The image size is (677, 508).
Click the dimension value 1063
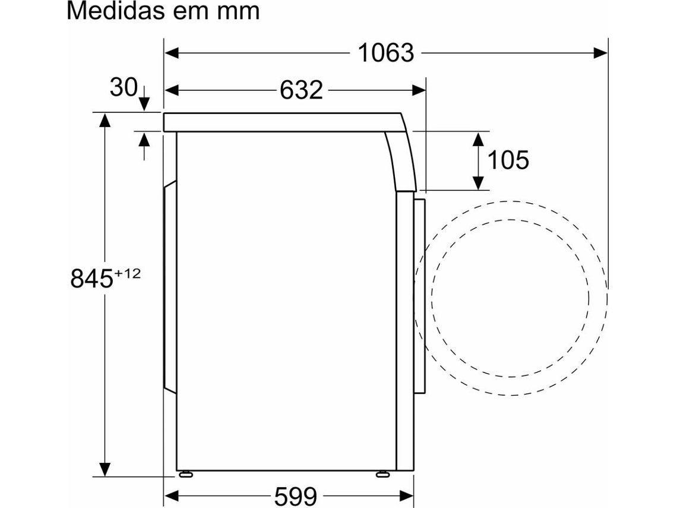[x=386, y=53]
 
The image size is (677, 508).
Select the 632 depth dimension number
[x=301, y=90]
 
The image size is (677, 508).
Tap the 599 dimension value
[x=296, y=496]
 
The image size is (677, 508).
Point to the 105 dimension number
[x=508, y=160]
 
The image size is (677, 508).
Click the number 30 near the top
[x=124, y=88]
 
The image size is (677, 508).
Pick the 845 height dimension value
[x=91, y=279]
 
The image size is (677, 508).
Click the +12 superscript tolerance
[x=127, y=273]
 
